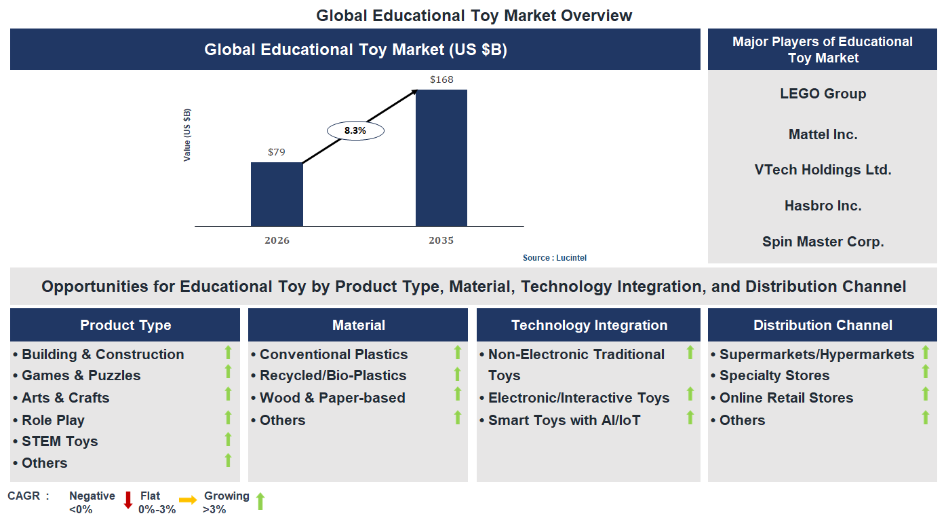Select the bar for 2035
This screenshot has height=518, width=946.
[441, 158]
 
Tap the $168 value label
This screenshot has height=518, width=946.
[441, 80]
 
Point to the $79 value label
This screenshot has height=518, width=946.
[277, 152]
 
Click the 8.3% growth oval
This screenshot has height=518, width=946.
[355, 131]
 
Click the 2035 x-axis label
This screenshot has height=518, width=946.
[441, 240]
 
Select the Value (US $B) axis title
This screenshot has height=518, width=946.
[187, 134]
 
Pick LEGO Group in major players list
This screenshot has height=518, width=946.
[823, 94]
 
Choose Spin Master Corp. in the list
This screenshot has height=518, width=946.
[823, 242]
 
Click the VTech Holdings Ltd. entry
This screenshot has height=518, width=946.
[823, 170]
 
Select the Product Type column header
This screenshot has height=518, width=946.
[125, 325]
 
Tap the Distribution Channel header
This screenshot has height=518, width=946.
[823, 325]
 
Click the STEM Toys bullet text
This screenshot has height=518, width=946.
[60, 441]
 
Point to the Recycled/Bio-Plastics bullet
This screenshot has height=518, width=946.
[333, 375]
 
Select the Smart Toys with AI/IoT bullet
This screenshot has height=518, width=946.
[564, 420]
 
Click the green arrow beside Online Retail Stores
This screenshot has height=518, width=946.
[925, 394]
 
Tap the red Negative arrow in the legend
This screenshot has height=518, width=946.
[127, 500]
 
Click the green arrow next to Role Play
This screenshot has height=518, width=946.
[228, 418]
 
